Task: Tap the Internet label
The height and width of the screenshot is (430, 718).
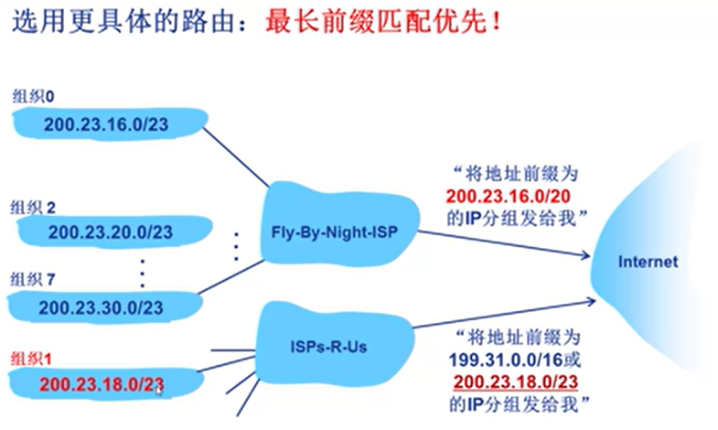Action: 648,262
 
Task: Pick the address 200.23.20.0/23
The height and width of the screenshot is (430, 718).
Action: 112,232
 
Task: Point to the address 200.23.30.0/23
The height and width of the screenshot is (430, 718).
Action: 101,307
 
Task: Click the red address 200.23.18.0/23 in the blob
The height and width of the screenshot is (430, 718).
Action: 101,384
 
